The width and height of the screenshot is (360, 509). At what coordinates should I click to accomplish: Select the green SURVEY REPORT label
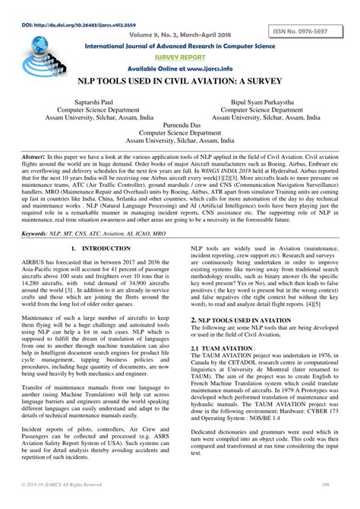click(180, 56)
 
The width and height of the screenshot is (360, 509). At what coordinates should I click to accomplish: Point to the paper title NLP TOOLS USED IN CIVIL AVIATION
click(180, 80)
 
